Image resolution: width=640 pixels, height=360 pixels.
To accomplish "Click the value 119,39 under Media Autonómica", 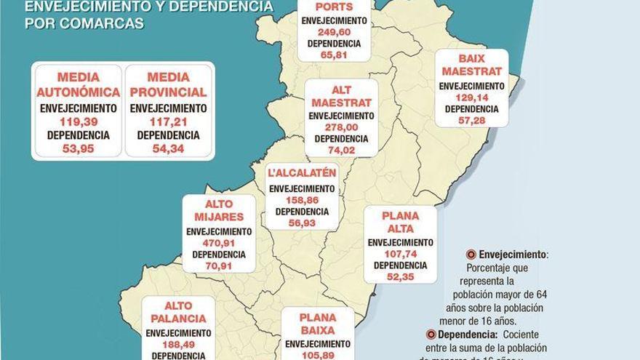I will point(78,121).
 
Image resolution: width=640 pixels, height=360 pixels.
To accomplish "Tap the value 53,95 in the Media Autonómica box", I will point(78,149).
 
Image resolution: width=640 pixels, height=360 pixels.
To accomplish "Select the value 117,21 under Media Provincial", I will point(168,121).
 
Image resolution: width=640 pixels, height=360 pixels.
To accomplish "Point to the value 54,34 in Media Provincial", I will point(168,149).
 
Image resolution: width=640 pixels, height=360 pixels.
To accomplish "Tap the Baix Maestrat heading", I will point(471,65).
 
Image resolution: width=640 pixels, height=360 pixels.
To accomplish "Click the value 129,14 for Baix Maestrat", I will point(471,97).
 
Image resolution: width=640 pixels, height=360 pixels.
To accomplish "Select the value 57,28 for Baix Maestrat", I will point(471,120).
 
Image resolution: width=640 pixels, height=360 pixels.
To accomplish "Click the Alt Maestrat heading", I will point(341,96).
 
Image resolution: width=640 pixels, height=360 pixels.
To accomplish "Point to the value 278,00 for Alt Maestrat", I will point(341,127).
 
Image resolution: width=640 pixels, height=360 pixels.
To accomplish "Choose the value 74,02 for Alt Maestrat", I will point(341,150).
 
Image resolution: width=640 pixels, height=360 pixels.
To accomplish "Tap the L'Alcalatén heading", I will point(302,172).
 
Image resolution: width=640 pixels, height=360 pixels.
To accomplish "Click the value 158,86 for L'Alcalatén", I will point(302,200).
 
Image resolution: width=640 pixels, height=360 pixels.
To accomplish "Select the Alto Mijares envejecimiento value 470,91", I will point(219,243).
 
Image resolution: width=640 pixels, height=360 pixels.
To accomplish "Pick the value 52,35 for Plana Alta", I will point(400,276).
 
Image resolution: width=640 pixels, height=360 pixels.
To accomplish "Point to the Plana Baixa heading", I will point(317,324).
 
